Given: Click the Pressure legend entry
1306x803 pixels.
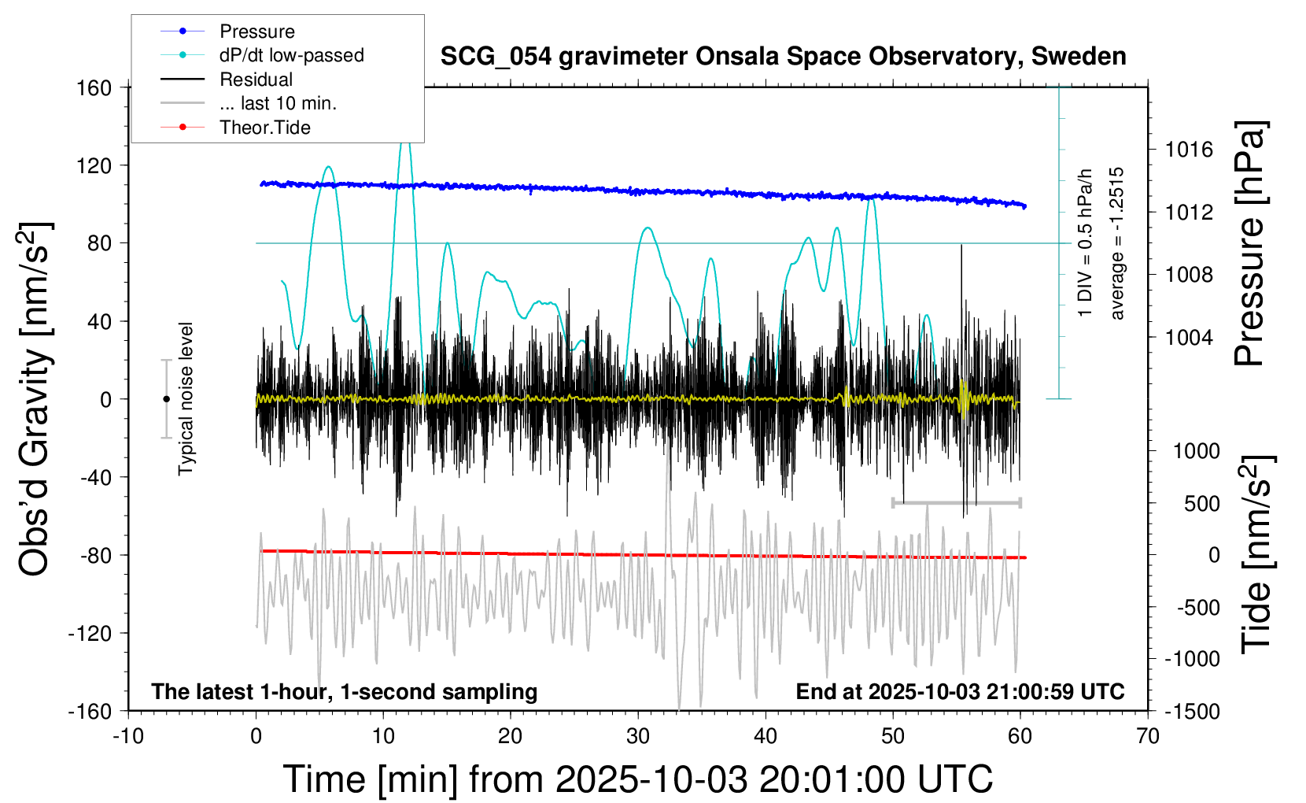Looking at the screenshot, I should click(x=256, y=31).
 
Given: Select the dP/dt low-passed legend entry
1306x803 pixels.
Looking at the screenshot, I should click(x=291, y=55).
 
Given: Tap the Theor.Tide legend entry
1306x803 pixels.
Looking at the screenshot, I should click(x=264, y=128).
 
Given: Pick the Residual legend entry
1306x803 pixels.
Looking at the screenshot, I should click(x=256, y=80).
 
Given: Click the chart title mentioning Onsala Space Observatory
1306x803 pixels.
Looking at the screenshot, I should click(x=783, y=57).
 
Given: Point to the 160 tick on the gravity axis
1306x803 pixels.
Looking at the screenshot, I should click(x=94, y=87).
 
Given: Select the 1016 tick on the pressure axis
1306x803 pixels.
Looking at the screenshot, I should click(x=1189, y=150).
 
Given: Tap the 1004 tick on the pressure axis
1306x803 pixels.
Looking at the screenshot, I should click(x=1189, y=338).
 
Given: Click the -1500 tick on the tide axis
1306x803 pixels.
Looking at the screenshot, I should click(x=1193, y=712).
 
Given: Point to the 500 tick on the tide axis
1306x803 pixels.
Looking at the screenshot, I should click(x=1201, y=504).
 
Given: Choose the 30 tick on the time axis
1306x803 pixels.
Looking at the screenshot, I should click(x=638, y=737).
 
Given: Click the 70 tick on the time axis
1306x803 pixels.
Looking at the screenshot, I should click(x=1148, y=737).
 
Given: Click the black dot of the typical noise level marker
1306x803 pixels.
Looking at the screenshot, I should click(x=166, y=399).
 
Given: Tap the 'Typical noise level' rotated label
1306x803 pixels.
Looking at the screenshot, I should click(x=186, y=399).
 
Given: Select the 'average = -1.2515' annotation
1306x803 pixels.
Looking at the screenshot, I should click(x=1116, y=243).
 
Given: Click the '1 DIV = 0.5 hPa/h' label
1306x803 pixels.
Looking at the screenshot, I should click(x=1086, y=243).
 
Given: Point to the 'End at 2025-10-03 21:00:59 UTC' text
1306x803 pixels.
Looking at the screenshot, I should click(x=960, y=692).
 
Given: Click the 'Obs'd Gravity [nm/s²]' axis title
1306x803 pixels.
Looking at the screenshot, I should click(x=35, y=399).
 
